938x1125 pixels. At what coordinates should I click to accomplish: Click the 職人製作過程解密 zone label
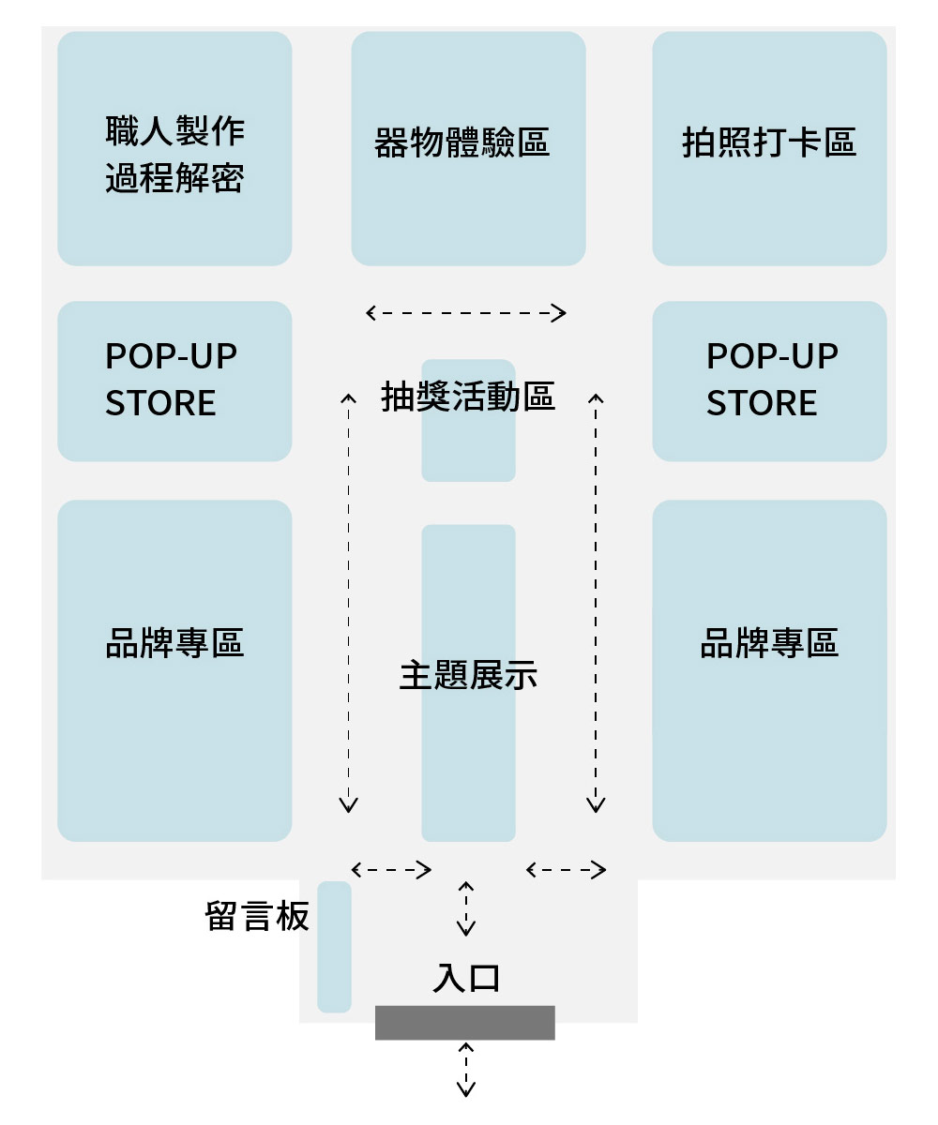coord(174,154)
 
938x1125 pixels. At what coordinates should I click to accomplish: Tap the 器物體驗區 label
coord(461,143)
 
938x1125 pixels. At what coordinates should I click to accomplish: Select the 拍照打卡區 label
coord(769,143)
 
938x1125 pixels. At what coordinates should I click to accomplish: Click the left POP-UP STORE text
coord(171,380)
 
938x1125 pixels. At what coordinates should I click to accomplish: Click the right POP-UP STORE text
coord(771,380)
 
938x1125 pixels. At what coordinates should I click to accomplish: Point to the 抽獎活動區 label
coord(468,397)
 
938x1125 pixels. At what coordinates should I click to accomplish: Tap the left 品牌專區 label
coord(174,644)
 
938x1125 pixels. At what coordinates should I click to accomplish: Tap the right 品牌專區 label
coord(769,644)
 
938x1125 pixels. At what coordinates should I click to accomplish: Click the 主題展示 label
coord(468,675)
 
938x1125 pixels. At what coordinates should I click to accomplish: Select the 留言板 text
coord(257,916)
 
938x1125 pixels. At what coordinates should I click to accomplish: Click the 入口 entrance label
coord(466,978)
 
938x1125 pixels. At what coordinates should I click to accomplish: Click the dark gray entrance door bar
coord(465,1023)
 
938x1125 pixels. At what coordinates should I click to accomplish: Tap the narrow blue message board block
coord(334,947)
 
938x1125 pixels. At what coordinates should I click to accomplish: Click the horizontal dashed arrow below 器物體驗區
coord(466,313)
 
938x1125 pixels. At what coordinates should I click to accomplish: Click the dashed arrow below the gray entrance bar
coord(466,1069)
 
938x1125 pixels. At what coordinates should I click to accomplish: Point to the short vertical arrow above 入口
coord(466,908)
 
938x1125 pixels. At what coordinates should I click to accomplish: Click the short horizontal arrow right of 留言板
coord(391,870)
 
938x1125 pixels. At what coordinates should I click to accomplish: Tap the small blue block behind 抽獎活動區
coord(468,450)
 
